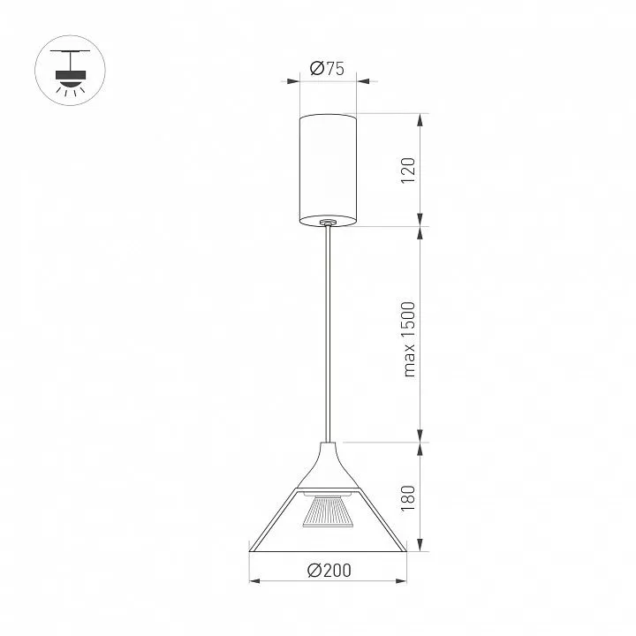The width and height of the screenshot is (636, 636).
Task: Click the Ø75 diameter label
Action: [x=327, y=69]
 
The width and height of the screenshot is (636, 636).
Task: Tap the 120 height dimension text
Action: [x=408, y=170]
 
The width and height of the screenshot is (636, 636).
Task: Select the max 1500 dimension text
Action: [x=409, y=339]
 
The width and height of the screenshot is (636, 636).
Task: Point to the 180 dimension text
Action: [x=408, y=498]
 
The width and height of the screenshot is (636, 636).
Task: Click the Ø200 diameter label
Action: [x=329, y=571]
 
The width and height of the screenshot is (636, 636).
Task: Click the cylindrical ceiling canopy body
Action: [x=328, y=170]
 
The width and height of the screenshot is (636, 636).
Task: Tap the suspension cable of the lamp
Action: [x=328, y=333]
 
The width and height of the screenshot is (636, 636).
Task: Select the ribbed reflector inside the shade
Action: [x=329, y=511]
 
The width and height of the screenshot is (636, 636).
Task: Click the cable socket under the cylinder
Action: [x=327, y=223]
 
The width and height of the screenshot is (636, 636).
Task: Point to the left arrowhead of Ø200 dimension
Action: [x=254, y=581]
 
